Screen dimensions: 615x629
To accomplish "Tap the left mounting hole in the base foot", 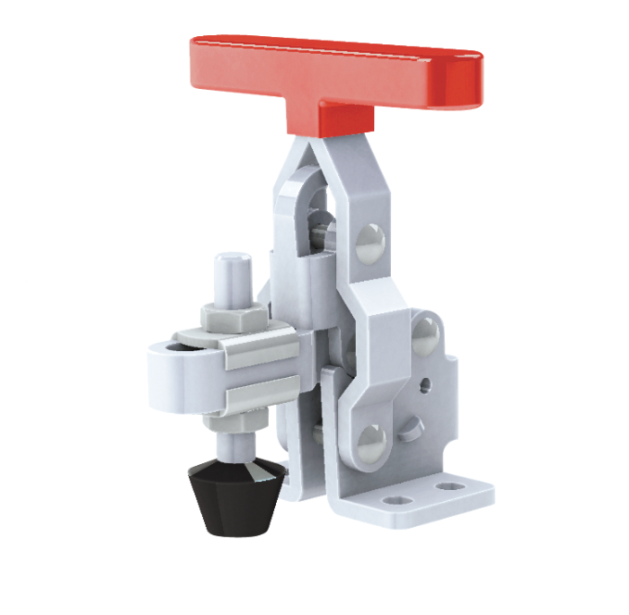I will (x=401, y=499).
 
